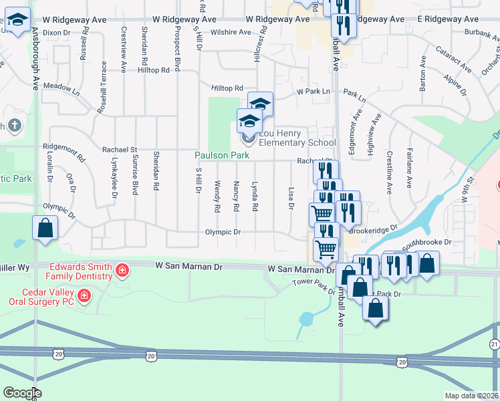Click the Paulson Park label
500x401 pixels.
(x=222, y=155)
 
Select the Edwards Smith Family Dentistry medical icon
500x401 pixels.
(x=122, y=270)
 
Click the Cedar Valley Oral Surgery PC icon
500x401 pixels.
(x=84, y=295)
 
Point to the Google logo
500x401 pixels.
(x=22, y=393)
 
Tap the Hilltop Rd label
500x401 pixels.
(x=227, y=88)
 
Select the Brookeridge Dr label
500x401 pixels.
(x=376, y=228)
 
